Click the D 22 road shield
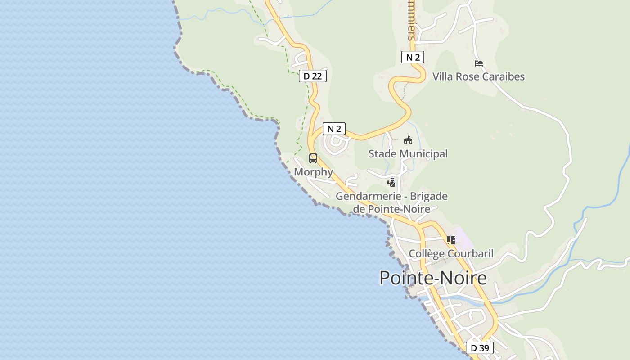(312, 76)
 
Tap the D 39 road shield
(480, 348)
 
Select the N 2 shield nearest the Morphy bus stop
(333, 129)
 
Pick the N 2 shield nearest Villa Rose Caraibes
(412, 57)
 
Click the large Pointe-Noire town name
(433, 278)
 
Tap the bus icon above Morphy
(313, 158)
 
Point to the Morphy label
(313, 172)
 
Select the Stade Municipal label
(408, 154)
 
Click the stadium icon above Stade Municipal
(408, 140)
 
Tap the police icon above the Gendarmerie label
(391, 183)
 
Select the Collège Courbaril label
(451, 253)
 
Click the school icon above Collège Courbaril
(450, 240)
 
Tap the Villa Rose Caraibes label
(478, 76)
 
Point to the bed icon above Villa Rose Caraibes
(479, 63)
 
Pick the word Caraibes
(503, 76)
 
